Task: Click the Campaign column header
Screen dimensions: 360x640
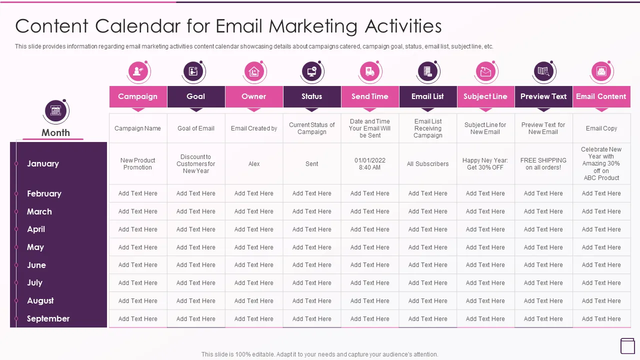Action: tap(138, 96)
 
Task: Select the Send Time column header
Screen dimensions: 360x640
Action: tap(370, 96)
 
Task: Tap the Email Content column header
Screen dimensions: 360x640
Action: tap(601, 96)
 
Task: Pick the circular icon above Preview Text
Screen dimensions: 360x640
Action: tap(543, 71)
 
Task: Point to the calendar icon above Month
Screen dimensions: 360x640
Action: tap(55, 111)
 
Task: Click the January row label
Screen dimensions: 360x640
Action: tap(43, 163)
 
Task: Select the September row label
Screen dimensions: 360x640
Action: tap(48, 318)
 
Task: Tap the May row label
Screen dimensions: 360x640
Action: tap(35, 247)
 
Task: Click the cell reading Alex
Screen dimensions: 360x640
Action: tap(254, 164)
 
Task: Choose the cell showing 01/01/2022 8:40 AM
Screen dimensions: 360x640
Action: tap(370, 164)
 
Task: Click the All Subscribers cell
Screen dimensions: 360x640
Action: tap(427, 164)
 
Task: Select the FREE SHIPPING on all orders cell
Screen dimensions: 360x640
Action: tap(543, 164)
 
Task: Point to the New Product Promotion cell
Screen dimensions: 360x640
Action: tap(138, 164)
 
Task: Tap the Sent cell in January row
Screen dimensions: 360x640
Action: tap(312, 164)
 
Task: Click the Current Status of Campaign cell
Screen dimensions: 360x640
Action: tap(312, 128)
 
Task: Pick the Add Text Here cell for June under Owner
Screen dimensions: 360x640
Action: tap(254, 265)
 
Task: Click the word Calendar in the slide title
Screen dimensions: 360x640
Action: tap(141, 26)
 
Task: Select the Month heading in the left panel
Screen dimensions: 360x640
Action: tap(55, 132)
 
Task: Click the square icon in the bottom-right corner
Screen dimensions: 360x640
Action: tap(627, 345)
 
